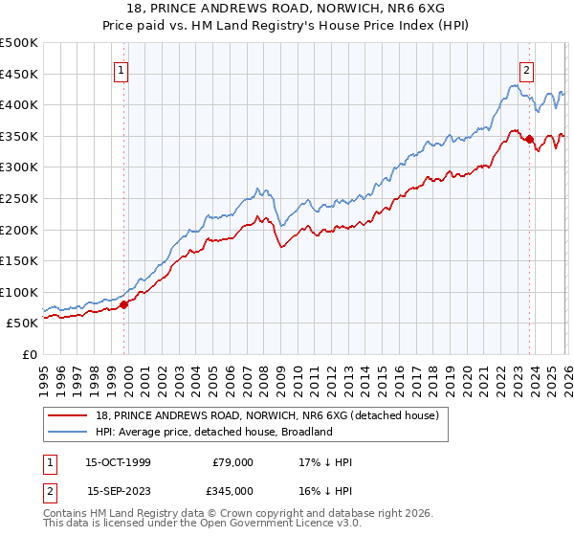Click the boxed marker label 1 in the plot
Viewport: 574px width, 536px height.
click(x=122, y=69)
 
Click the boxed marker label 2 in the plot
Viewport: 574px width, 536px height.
click(x=527, y=69)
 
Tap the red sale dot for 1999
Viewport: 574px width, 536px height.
click(x=123, y=304)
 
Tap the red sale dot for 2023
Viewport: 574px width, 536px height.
click(x=529, y=139)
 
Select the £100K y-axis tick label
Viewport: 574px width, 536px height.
click(x=19, y=292)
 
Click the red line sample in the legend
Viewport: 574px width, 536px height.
click(x=67, y=415)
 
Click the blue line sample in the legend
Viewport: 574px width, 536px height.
click(x=67, y=432)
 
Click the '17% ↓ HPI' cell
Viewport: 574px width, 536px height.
click(x=325, y=462)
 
